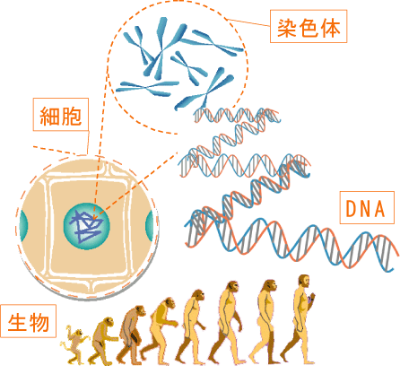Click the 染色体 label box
point(309,26)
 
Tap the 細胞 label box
point(61,115)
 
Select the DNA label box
point(367,207)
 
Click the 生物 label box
point(29,321)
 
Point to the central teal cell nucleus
point(87,226)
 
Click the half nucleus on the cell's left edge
point(23,226)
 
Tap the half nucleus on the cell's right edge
point(149,226)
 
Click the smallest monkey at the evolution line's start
point(74,344)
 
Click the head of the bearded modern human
point(304,281)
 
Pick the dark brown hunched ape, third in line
point(131,335)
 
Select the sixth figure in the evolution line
point(227,323)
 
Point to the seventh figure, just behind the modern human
point(264,322)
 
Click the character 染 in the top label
point(286,28)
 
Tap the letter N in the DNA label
point(366,208)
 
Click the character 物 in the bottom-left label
point(39,322)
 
